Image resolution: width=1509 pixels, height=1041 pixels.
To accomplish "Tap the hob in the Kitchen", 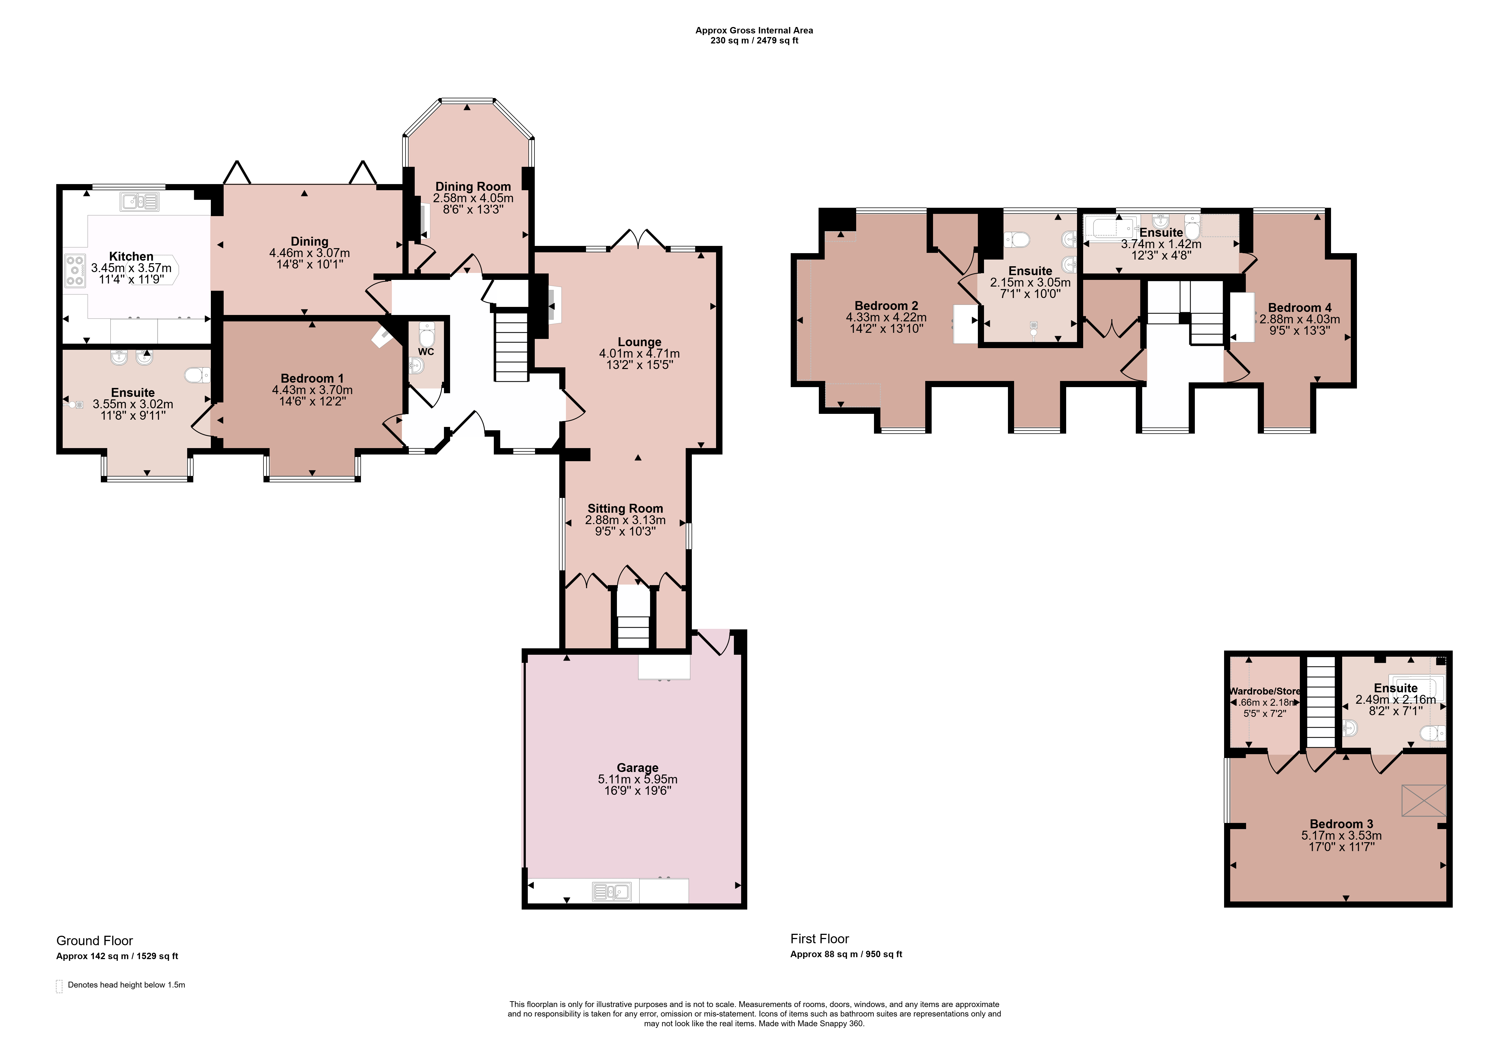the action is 75,271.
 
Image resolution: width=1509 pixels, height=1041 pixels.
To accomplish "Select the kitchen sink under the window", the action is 140,202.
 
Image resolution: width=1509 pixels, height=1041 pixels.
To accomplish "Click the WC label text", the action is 426,351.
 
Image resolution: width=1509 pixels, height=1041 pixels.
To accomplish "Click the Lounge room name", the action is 639,342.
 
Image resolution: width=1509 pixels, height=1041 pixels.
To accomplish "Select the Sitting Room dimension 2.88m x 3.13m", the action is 625,520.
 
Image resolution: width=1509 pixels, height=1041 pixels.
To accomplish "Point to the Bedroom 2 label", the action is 886,305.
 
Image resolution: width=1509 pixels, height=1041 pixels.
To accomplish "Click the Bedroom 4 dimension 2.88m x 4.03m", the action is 1300,319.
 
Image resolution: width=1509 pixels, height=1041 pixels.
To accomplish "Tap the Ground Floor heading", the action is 95,940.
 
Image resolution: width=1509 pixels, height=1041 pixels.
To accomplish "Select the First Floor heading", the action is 820,939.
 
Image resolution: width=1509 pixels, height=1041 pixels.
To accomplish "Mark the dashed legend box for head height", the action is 59,986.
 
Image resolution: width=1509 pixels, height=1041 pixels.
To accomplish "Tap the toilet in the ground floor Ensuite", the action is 197,374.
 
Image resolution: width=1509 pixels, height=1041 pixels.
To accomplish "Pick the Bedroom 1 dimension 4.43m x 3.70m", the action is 312,389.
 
